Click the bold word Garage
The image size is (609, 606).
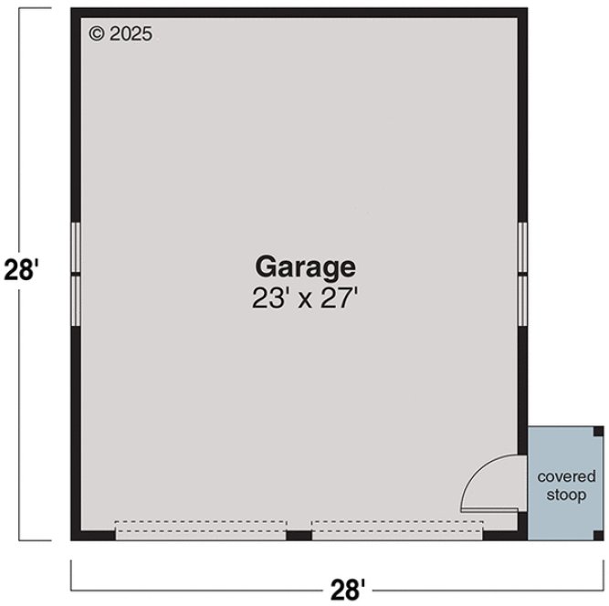304,267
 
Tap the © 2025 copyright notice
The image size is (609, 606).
121,34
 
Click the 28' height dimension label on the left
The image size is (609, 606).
22,272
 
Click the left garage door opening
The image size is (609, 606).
201,530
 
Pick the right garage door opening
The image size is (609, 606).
396,530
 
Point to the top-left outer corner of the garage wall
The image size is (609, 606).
73,10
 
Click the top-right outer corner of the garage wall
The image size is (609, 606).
526,10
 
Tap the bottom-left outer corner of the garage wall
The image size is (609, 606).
73,539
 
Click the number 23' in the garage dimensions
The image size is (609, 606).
269,299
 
